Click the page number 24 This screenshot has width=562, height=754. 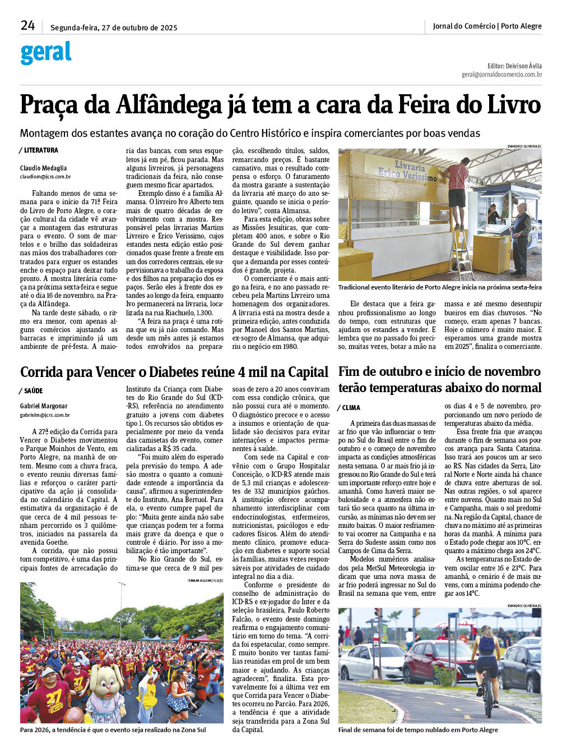coord(27,25)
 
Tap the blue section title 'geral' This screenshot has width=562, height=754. coord(46,53)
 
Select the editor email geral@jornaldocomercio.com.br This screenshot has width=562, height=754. coord(501,74)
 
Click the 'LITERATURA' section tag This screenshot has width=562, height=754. coord(41,150)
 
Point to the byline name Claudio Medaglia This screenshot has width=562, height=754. coord(43,168)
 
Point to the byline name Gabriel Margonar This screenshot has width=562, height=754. coord(44,406)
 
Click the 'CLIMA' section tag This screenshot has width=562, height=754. coord(351,408)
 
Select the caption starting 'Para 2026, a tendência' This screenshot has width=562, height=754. coord(113,730)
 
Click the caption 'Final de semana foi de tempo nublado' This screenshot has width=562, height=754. coord(417,730)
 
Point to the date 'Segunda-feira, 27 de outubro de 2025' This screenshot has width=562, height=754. coord(114,27)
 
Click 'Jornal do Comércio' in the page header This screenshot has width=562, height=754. coord(463,26)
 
